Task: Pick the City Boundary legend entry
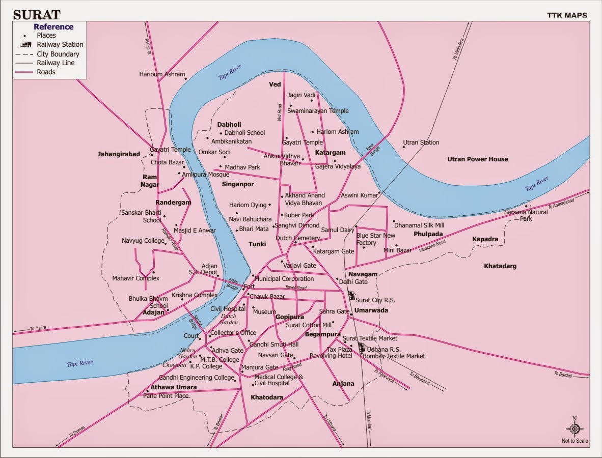(58, 54)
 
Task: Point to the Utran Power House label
(477, 159)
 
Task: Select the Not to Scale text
(575, 441)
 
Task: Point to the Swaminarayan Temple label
(318, 111)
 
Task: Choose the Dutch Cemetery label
(298, 238)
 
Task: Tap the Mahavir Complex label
(136, 278)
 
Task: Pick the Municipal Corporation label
(284, 279)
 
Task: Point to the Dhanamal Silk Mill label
(419, 225)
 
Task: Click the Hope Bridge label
(233, 283)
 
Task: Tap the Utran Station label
(421, 142)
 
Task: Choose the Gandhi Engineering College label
(196, 378)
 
